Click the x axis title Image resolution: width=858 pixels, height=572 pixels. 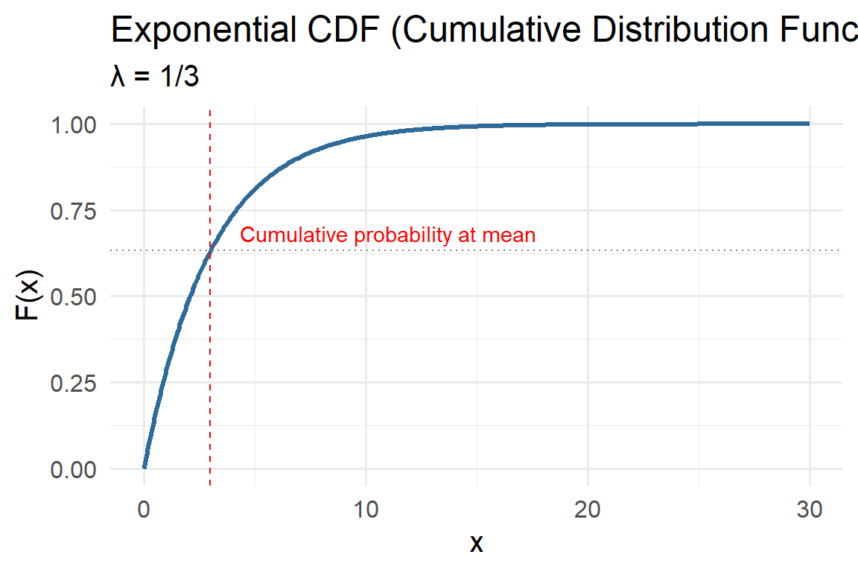click(476, 544)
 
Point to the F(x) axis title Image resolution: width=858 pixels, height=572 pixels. click(28, 296)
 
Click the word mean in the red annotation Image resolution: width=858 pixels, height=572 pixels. click(509, 236)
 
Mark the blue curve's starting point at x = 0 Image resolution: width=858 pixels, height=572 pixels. click(144, 468)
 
